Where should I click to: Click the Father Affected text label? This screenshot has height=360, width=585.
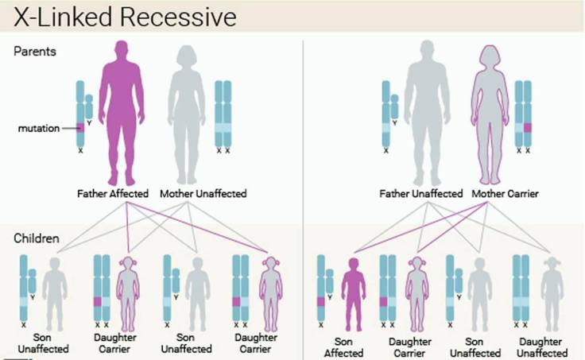(115, 193)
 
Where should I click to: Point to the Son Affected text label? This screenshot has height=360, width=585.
(344, 346)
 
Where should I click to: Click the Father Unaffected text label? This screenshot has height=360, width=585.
(421, 193)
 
